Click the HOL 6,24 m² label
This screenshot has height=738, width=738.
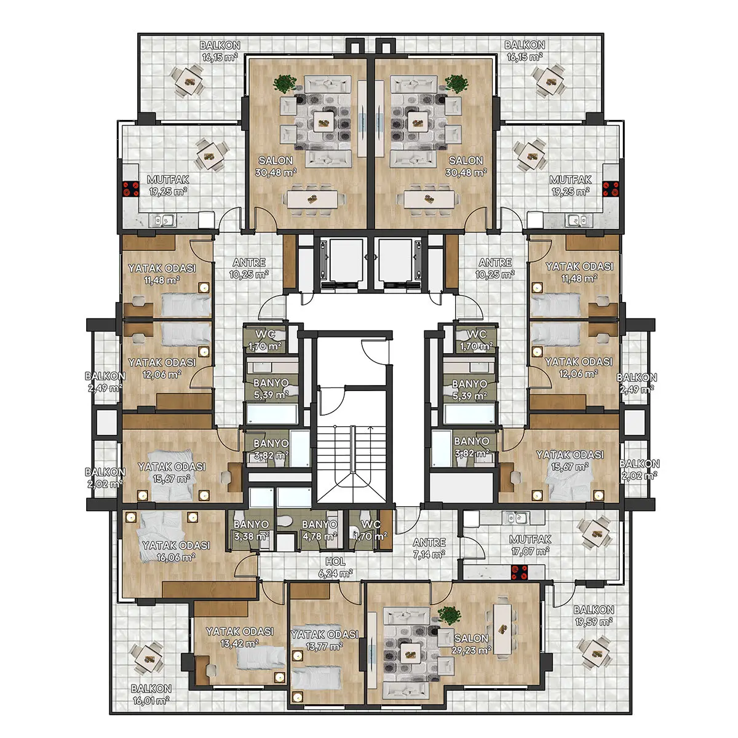tap(335, 567)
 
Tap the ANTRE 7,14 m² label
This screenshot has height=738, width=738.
tap(429, 548)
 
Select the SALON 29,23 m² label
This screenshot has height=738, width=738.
tap(472, 644)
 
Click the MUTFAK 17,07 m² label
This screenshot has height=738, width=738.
tap(530, 545)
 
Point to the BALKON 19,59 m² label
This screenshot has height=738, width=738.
tap(593, 616)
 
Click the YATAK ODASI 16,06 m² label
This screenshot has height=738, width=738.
tap(176, 550)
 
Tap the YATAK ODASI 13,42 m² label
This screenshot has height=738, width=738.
tap(240, 637)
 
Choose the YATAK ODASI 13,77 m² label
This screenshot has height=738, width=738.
tap(324, 640)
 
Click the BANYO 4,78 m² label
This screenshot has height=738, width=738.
tap(319, 530)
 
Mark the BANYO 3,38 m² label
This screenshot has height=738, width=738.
tap(252, 530)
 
